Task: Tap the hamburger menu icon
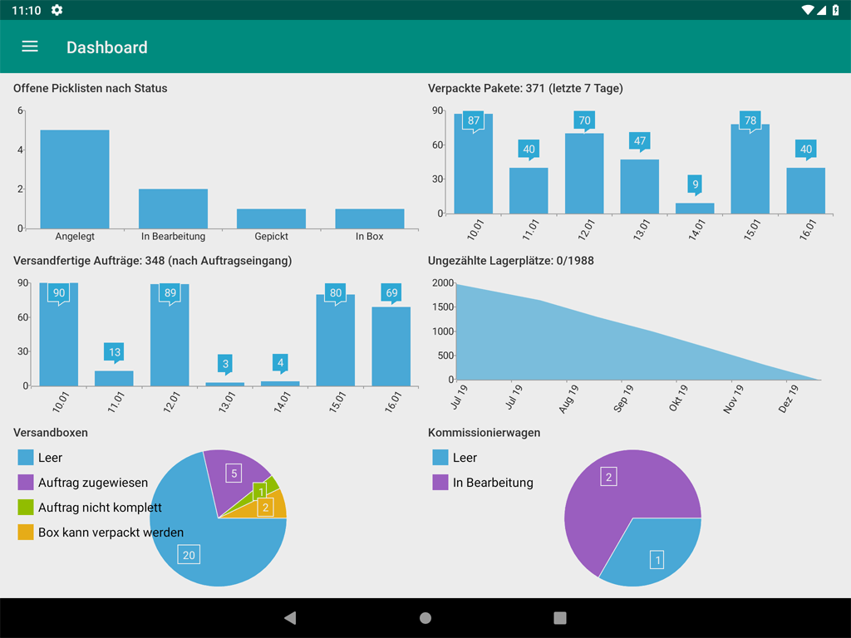coord(30,47)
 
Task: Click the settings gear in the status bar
coord(57,10)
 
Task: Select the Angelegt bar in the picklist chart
coord(75,179)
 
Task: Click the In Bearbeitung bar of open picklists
coord(173,209)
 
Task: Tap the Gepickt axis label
coord(272,237)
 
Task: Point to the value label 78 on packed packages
coord(750,121)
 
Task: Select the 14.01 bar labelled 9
coord(695,209)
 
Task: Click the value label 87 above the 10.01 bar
coord(474,121)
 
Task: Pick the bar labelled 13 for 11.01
coord(114,378)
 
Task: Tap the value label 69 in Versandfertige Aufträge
coord(391,293)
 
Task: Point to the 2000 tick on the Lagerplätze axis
coord(443,283)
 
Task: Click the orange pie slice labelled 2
coord(269,506)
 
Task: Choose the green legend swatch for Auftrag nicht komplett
coord(26,507)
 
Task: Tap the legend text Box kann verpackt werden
coord(111,532)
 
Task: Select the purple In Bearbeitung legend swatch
coord(440,483)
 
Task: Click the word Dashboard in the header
coord(107,47)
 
